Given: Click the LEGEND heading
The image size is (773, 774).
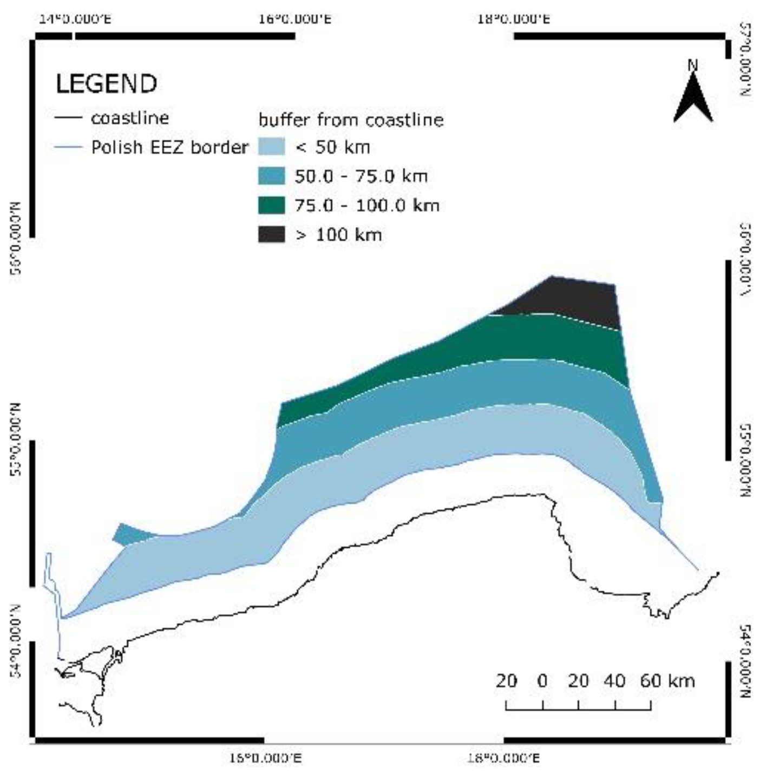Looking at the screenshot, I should (106, 84).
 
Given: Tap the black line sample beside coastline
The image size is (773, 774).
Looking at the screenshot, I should (68, 118).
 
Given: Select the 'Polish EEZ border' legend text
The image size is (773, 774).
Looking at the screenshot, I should (169, 147).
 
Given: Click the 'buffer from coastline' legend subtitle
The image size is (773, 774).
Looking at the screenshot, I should (351, 120).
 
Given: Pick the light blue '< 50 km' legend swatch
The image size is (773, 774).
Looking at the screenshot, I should (271, 147).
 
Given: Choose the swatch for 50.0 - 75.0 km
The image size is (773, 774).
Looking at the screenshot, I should (271, 176).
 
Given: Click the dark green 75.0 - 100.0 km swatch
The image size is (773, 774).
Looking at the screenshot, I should (271, 205).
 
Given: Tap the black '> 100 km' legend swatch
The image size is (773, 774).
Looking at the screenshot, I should (271, 234).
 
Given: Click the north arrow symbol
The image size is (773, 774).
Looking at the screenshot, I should (693, 100).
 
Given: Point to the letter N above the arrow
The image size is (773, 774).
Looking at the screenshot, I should (693, 65).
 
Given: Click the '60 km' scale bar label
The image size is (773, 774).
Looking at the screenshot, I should (667, 680).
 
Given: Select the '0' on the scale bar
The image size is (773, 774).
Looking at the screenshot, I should (542, 680).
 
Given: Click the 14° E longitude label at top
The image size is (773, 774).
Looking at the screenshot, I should (75, 19).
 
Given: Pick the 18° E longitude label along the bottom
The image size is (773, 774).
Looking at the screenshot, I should (503, 758).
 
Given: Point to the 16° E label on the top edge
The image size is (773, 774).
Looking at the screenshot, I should (294, 19).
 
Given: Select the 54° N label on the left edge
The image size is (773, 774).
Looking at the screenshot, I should (16, 641).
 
